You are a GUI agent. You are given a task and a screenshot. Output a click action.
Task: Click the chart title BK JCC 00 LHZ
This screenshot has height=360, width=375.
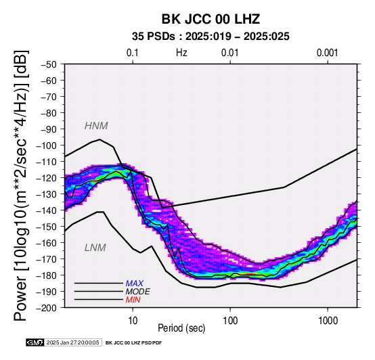pyautogui.click(x=211, y=19)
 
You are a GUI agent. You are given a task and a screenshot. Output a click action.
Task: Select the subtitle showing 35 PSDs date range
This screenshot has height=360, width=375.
pyautogui.click(x=211, y=37)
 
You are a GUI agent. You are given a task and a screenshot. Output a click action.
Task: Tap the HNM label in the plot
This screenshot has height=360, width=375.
pyautogui.click(x=96, y=126)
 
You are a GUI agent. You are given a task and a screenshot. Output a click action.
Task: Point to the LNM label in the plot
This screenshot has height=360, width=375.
pyautogui.click(x=95, y=248)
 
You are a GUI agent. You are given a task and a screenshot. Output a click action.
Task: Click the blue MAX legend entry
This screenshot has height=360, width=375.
pyautogui.click(x=135, y=284)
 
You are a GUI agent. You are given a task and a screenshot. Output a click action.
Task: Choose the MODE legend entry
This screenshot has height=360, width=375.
pyautogui.click(x=138, y=292)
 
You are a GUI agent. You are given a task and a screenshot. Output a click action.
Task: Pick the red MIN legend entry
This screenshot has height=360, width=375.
pyautogui.click(x=133, y=300)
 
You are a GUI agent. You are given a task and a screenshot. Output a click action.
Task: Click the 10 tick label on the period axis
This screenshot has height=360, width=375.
pyautogui.click(x=133, y=321)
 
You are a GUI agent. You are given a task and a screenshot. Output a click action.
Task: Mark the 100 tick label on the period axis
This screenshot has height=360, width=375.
pyautogui.click(x=230, y=321)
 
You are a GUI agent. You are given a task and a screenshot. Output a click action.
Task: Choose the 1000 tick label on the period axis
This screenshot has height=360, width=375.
pyautogui.click(x=328, y=321)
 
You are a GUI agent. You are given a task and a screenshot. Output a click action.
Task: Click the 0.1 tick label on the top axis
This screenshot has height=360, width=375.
pyautogui.click(x=133, y=53)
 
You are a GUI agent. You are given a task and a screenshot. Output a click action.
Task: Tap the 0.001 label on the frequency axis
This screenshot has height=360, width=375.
pyautogui.click(x=328, y=53)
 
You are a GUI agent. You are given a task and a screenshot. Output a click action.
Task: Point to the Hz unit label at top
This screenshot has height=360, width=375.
pyautogui.click(x=181, y=53)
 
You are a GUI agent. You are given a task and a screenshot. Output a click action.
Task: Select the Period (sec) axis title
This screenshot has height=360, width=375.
pyautogui.click(x=181, y=328)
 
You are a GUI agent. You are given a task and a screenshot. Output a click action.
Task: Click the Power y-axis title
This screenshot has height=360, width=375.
pyautogui.click(x=21, y=185)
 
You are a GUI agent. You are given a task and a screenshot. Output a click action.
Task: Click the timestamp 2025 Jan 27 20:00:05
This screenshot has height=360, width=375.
pyautogui.click(x=72, y=343)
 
